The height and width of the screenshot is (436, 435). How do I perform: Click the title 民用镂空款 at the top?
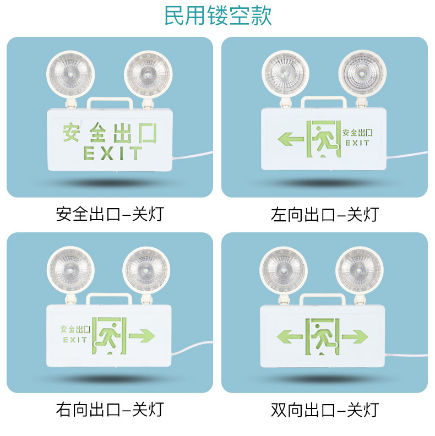[218, 15]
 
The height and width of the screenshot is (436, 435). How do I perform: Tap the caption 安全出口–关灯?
[110, 214]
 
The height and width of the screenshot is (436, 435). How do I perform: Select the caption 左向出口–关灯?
[325, 214]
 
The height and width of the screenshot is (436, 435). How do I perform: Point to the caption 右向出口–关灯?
[110, 410]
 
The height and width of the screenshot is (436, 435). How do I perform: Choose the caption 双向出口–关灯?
[325, 410]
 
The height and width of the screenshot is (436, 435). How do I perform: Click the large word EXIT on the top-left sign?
[113, 153]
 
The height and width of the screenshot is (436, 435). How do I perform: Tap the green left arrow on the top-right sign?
[291, 139]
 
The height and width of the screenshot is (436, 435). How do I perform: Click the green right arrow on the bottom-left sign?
[142, 336]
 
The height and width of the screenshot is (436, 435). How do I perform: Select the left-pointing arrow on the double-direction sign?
[289, 336]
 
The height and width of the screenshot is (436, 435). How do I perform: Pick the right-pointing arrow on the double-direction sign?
[355, 336]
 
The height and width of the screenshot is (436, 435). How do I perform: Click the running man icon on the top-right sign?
[324, 139]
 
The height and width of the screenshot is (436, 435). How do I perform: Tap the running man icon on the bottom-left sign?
[109, 336]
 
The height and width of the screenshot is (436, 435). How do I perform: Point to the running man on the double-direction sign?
[323, 337]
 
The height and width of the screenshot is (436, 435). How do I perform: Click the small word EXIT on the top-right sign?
[357, 143]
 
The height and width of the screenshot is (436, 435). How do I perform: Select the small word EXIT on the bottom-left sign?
[75, 340]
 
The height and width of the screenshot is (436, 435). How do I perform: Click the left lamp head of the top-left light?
[70, 74]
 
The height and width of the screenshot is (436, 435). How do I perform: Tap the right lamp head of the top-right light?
[362, 74]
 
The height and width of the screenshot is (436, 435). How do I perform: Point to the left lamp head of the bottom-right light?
[284, 270]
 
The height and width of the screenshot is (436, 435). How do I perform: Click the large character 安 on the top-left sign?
[71, 132]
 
